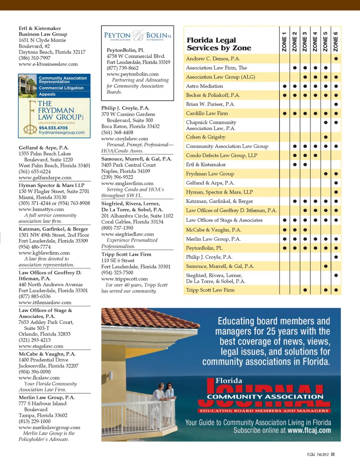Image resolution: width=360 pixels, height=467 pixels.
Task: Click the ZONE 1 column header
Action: [284, 42]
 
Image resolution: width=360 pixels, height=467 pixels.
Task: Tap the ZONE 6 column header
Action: [336, 42]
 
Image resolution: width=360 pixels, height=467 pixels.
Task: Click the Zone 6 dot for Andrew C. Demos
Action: [336, 59]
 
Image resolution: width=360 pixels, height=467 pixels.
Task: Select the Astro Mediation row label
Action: [204, 86]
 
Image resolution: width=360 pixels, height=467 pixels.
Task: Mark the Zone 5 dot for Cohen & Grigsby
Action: [325, 137]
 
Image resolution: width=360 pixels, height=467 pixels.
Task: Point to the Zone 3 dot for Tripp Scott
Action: [305, 290]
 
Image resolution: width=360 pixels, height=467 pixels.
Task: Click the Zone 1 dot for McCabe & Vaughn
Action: [285, 230]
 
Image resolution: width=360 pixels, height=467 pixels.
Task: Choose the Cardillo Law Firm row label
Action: [207, 113]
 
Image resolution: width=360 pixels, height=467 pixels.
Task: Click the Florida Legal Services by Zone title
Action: [219, 44]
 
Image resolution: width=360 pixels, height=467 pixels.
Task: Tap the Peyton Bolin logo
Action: [138, 36]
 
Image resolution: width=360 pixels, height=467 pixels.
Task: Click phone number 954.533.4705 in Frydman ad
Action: [53, 128]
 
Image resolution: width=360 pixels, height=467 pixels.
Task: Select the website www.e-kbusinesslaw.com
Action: [48, 64]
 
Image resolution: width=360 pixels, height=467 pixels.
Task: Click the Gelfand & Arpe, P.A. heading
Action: [43, 148]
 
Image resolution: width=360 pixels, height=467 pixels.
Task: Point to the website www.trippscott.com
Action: [124, 279]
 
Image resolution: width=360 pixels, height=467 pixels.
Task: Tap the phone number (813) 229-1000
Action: [34, 422]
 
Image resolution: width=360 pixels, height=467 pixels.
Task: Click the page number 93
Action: [333, 455]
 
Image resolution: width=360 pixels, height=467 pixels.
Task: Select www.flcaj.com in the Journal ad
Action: [309, 431]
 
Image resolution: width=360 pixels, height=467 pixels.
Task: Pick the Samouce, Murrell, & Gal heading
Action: [136, 159]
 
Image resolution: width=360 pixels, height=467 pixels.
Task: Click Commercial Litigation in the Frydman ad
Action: [61, 88]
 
